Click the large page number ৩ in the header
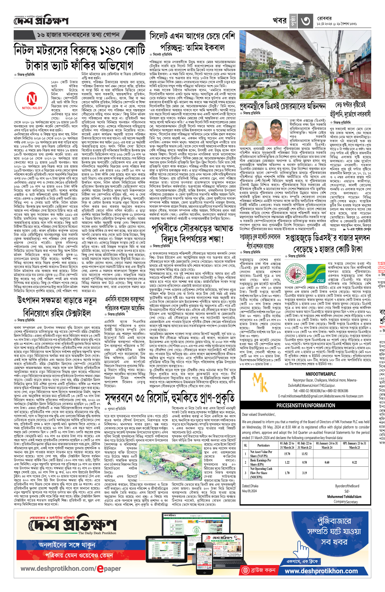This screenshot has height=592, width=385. coord(305,21)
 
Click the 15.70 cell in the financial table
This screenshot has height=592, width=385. coord(287,454)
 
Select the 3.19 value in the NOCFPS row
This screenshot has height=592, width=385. coord(304,473)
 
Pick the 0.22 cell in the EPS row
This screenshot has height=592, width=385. coord(354,462)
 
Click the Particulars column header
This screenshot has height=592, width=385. coord(263,445)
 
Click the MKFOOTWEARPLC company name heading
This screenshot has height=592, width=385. coord(321,374)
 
